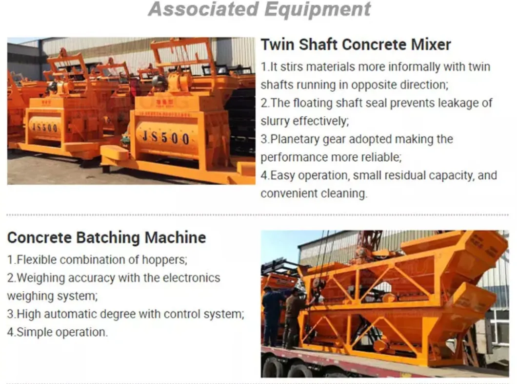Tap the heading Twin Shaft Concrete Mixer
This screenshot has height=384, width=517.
click(x=356, y=44)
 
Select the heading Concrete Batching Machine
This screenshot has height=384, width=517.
click(x=106, y=238)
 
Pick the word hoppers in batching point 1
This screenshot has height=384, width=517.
click(x=165, y=259)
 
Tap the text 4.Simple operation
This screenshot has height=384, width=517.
click(x=57, y=332)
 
